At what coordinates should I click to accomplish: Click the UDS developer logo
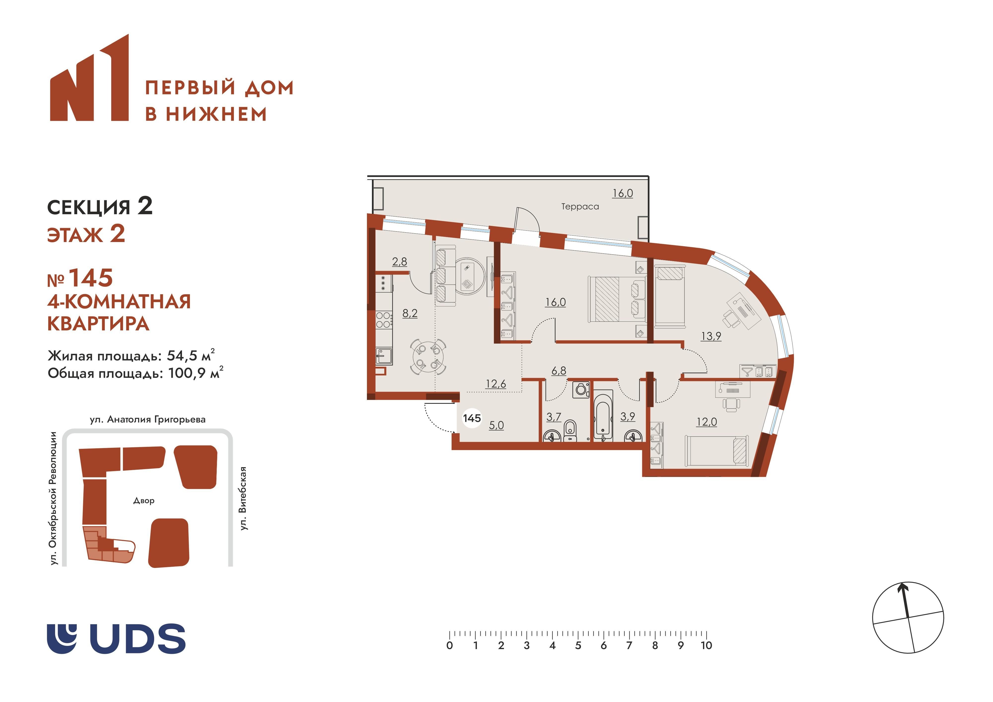point(116,638)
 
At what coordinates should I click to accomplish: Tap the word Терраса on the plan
point(580,207)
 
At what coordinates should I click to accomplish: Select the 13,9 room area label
point(711,336)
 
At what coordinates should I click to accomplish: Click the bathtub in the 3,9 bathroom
point(603,416)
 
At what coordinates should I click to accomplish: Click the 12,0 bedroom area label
point(706,422)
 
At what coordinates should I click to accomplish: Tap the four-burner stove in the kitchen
point(384,320)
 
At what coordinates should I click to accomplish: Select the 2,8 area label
point(400,262)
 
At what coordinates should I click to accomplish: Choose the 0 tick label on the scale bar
point(450,646)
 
